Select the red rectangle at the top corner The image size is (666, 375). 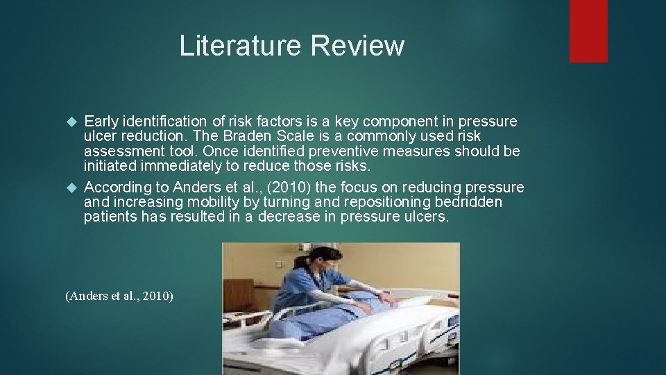click(588, 31)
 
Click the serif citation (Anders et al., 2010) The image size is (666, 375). click(119, 297)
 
